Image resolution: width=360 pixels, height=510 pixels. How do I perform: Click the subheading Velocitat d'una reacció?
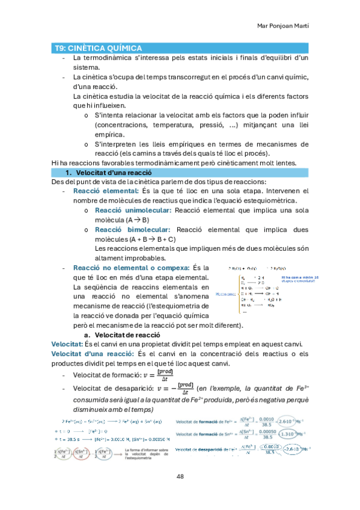pos(108,173)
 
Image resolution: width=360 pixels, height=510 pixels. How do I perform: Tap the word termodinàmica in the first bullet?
pos(109,58)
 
